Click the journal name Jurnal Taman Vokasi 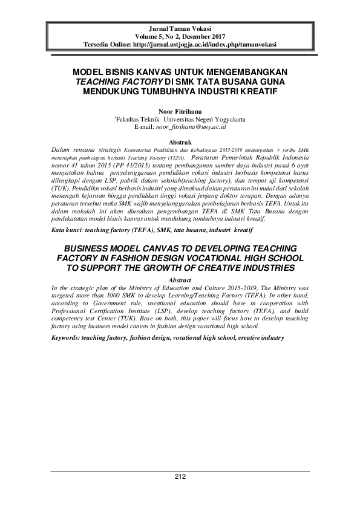tap(180, 29)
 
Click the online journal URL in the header tap(205, 45)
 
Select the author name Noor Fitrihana tap(180, 111)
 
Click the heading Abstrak tap(180, 140)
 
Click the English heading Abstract tap(180, 280)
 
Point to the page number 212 tap(180, 477)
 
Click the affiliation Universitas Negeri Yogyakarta tap(208, 120)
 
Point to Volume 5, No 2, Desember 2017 tap(180, 37)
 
